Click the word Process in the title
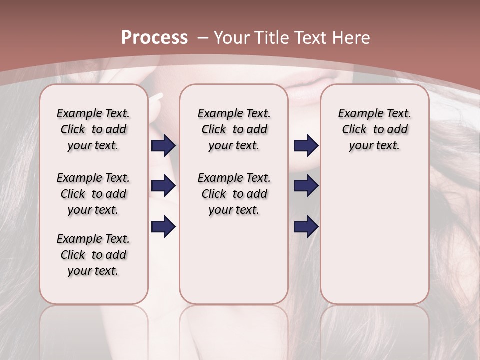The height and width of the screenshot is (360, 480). pyautogui.click(x=154, y=38)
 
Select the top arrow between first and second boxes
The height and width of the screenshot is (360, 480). pyautogui.click(x=163, y=145)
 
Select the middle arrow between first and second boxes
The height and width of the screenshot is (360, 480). pyautogui.click(x=163, y=186)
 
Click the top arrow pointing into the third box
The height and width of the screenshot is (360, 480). pyautogui.click(x=306, y=145)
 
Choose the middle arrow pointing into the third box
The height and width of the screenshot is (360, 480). pyautogui.click(x=306, y=186)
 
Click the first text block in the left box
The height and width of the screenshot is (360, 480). pyautogui.click(x=93, y=129)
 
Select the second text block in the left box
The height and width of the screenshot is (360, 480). pyautogui.click(x=93, y=194)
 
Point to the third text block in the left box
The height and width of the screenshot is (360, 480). pyautogui.click(x=93, y=255)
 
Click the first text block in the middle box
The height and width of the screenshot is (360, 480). pyautogui.click(x=234, y=129)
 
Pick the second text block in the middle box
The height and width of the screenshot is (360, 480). pyautogui.click(x=234, y=194)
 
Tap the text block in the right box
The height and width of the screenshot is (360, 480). pyautogui.click(x=375, y=129)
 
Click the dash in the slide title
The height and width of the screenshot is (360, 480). pyautogui.click(x=203, y=38)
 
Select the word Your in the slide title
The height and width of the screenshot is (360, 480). pyautogui.click(x=233, y=38)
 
